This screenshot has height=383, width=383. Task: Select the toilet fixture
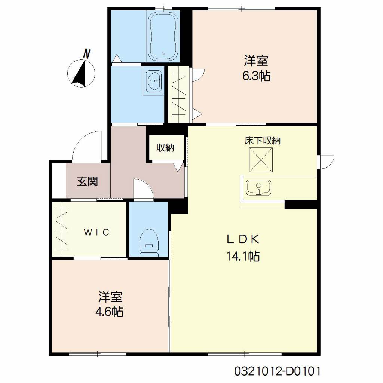[x=149, y=243]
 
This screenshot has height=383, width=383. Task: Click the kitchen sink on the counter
[x=258, y=188]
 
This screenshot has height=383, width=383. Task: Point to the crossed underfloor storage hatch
[x=261, y=160]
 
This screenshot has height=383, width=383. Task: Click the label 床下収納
[x=263, y=141]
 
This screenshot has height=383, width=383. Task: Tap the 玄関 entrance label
[x=88, y=181]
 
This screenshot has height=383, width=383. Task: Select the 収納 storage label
[x=165, y=148]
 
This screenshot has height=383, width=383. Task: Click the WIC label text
[x=96, y=232]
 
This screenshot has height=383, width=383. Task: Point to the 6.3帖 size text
[x=256, y=76]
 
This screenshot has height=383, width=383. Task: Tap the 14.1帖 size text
[x=243, y=256]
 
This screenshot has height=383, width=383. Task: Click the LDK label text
[x=243, y=239]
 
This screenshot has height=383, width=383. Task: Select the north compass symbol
[x=81, y=73]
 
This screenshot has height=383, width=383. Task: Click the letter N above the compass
[x=86, y=54]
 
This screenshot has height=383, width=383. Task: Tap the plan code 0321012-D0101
[x=277, y=371]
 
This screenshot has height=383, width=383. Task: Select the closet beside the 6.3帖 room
[x=178, y=94]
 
